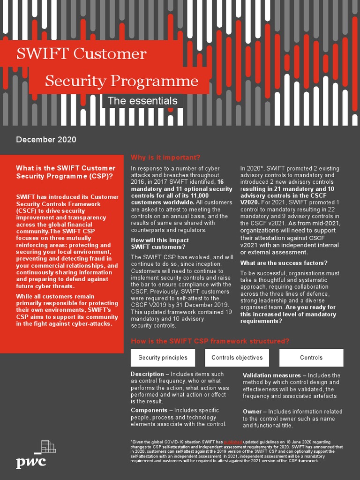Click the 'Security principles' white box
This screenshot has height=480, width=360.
[x=163, y=358]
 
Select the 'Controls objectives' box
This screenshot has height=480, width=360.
[x=237, y=358]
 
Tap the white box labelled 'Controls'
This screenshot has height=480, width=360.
[x=311, y=358]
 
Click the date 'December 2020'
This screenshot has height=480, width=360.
[x=46, y=140]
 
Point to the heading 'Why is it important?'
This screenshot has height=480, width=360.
[x=165, y=157]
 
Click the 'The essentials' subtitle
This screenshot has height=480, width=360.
[x=142, y=101]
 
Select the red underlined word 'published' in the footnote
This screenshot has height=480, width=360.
[x=233, y=442]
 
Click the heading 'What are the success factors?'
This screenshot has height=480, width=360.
[x=284, y=263]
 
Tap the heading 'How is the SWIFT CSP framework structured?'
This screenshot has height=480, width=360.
[x=210, y=341]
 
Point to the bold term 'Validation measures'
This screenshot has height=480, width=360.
[x=271, y=375]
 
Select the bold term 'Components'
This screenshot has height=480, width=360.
[x=149, y=410]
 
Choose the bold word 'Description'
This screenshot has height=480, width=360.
[x=147, y=374]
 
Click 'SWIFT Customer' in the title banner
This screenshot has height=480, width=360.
[x=81, y=54]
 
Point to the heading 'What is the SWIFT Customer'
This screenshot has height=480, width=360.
[x=66, y=168]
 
